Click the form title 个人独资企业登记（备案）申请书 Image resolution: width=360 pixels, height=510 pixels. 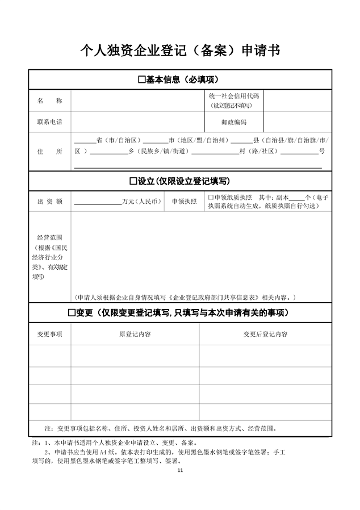coord(180,51)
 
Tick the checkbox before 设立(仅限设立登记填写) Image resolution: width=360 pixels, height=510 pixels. coord(133,181)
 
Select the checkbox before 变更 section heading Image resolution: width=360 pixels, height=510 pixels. coord(72,313)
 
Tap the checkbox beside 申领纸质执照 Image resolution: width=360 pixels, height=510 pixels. coord(210,197)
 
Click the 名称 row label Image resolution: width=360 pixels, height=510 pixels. coord(49,101)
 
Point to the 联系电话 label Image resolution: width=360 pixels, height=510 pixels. coord(49,122)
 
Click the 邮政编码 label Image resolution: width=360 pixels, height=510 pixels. coord(234,122)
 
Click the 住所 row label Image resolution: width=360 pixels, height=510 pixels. coord(49,152)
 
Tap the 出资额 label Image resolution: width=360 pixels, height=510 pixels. coord(49,201)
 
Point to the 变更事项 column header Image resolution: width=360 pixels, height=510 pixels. coord(49,334)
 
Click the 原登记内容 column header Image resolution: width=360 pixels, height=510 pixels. coord(135,334)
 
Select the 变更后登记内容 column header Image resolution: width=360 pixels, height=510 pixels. coord(265,334)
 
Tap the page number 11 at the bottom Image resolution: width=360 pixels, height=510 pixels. coord(181,470)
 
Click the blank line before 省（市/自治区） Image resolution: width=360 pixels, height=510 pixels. coord(85,140)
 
